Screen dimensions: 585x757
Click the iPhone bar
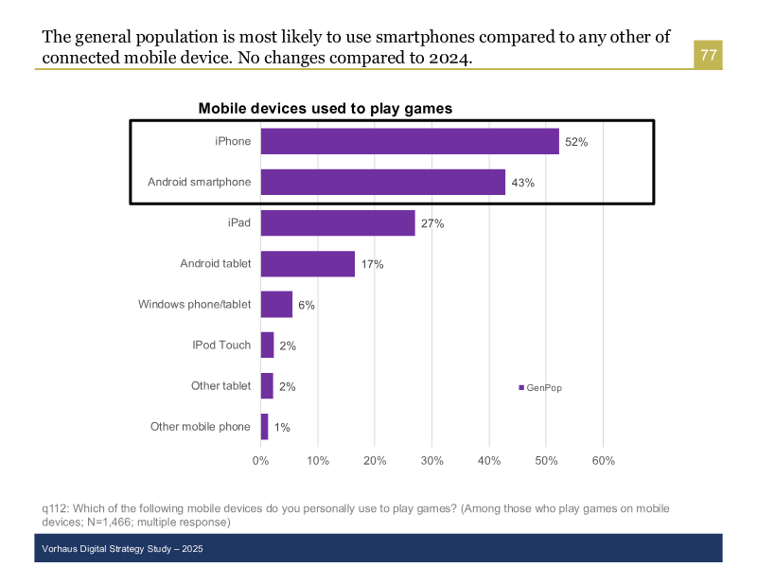pyautogui.click(x=410, y=141)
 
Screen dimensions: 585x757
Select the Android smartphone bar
pyautogui.click(x=382, y=182)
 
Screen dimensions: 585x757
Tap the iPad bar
pyautogui.click(x=338, y=222)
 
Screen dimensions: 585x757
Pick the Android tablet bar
pyautogui.click(x=308, y=263)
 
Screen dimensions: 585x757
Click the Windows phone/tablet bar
pyautogui.click(x=276, y=304)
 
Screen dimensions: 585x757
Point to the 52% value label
pyautogui.click(x=576, y=142)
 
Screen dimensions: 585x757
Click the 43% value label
pyautogui.click(x=522, y=183)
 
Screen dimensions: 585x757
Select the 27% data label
pyautogui.click(x=432, y=223)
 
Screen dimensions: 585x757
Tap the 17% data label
pyautogui.click(x=372, y=264)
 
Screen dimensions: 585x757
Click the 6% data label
pyautogui.click(x=306, y=305)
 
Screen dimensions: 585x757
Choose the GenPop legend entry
pyautogui.click(x=540, y=388)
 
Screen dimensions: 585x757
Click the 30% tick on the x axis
pyautogui.click(x=431, y=461)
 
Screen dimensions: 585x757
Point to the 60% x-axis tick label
pyautogui.click(x=603, y=461)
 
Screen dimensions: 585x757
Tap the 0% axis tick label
pyautogui.click(x=260, y=461)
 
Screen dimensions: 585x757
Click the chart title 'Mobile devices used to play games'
pyautogui.click(x=325, y=108)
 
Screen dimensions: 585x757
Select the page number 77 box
pyautogui.click(x=708, y=55)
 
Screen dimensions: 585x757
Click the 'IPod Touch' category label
pyautogui.click(x=221, y=345)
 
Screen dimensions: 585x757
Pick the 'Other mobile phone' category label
pyautogui.click(x=201, y=426)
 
